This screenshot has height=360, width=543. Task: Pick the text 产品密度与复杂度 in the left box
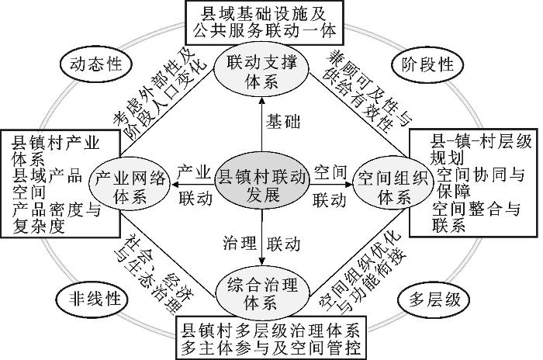[56, 217]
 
